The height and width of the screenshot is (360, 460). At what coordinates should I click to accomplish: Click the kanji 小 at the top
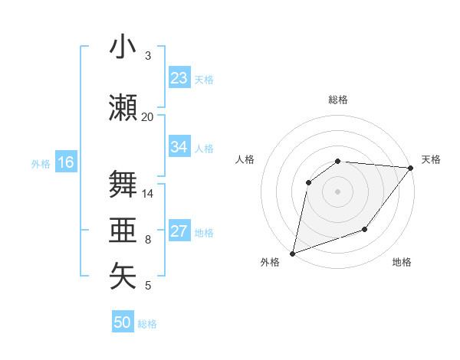point(123,47)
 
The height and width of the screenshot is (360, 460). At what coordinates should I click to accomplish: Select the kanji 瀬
point(123,107)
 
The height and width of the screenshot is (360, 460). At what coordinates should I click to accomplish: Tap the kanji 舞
point(123,184)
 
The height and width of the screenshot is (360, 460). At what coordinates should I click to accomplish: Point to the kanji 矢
point(123,277)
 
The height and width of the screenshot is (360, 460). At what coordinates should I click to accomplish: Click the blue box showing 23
point(179,78)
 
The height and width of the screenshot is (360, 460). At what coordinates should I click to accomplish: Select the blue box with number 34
point(179,147)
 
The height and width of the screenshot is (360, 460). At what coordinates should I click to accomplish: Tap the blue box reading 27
point(179,232)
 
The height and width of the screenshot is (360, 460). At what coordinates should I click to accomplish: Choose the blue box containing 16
point(65,162)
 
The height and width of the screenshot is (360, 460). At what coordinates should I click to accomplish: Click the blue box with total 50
point(123,322)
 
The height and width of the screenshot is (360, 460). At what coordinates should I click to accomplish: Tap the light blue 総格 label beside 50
point(147,324)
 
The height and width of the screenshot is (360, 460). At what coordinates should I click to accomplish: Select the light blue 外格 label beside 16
point(41,163)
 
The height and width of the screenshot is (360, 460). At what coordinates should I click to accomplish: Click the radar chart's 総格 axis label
point(337,100)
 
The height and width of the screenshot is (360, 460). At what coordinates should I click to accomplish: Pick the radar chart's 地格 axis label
point(402,263)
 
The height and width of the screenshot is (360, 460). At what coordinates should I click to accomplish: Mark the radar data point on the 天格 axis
point(411,168)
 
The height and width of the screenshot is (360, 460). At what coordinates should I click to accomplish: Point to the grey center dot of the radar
point(337,191)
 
